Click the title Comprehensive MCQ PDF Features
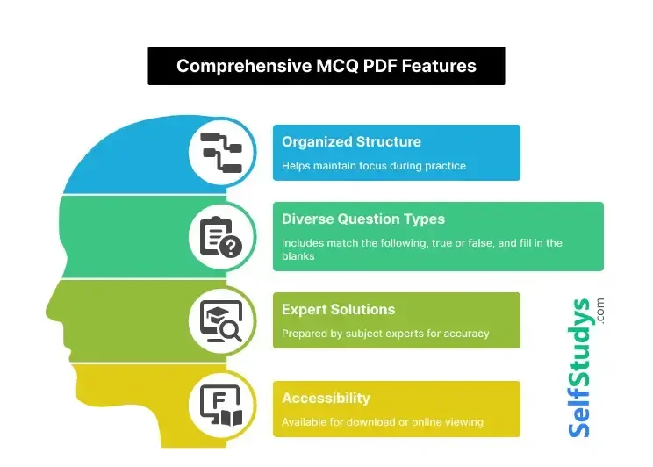point(326,66)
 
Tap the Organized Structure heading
point(351,142)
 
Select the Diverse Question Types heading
point(363,219)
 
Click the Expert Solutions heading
point(338,309)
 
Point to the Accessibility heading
point(326,399)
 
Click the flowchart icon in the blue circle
point(221,152)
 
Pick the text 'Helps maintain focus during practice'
point(373,165)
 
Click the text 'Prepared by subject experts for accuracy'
point(385,334)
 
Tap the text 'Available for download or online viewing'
point(383,422)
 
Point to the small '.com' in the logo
point(601,310)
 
